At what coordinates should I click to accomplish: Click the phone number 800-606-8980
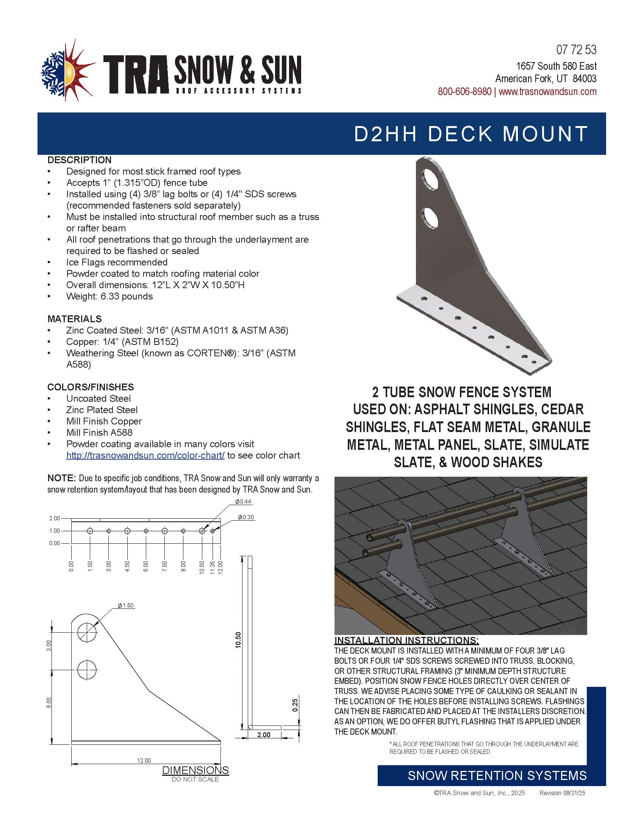(x=464, y=92)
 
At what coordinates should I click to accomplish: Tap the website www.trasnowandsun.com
(x=547, y=92)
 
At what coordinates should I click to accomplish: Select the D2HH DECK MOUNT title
(x=471, y=134)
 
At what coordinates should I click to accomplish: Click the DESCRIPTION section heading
(x=79, y=160)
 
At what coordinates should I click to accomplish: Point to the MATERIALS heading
(x=74, y=319)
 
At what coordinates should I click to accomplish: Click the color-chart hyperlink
(x=145, y=455)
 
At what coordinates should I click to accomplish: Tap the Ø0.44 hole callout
(x=243, y=502)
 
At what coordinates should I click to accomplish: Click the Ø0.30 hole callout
(x=246, y=517)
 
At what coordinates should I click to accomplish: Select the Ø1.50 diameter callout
(x=125, y=605)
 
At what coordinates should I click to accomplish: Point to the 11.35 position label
(x=213, y=567)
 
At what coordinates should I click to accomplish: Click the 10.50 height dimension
(x=238, y=640)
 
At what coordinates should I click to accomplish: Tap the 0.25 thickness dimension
(x=295, y=705)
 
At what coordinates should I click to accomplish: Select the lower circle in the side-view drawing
(x=87, y=670)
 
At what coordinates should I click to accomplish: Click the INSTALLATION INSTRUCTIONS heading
(x=406, y=640)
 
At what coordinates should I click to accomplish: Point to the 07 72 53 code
(x=576, y=50)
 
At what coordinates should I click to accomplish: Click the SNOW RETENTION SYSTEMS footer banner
(x=497, y=775)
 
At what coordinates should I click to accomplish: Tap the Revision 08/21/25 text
(x=562, y=793)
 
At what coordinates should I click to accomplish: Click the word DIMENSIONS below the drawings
(x=195, y=770)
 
